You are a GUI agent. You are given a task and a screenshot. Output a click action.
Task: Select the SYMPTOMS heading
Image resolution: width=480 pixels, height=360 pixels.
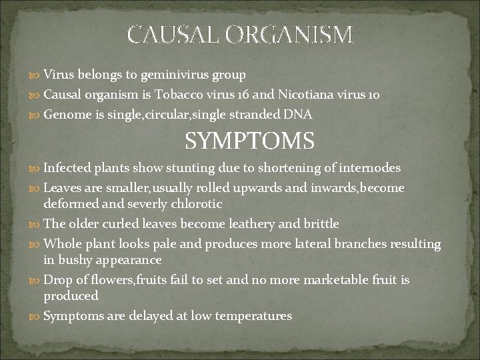coord(249,142)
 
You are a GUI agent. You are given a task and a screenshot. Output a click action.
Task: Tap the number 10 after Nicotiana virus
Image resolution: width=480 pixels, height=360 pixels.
coord(373,95)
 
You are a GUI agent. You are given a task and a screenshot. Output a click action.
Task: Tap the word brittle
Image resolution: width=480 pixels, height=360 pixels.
coord(320,224)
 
